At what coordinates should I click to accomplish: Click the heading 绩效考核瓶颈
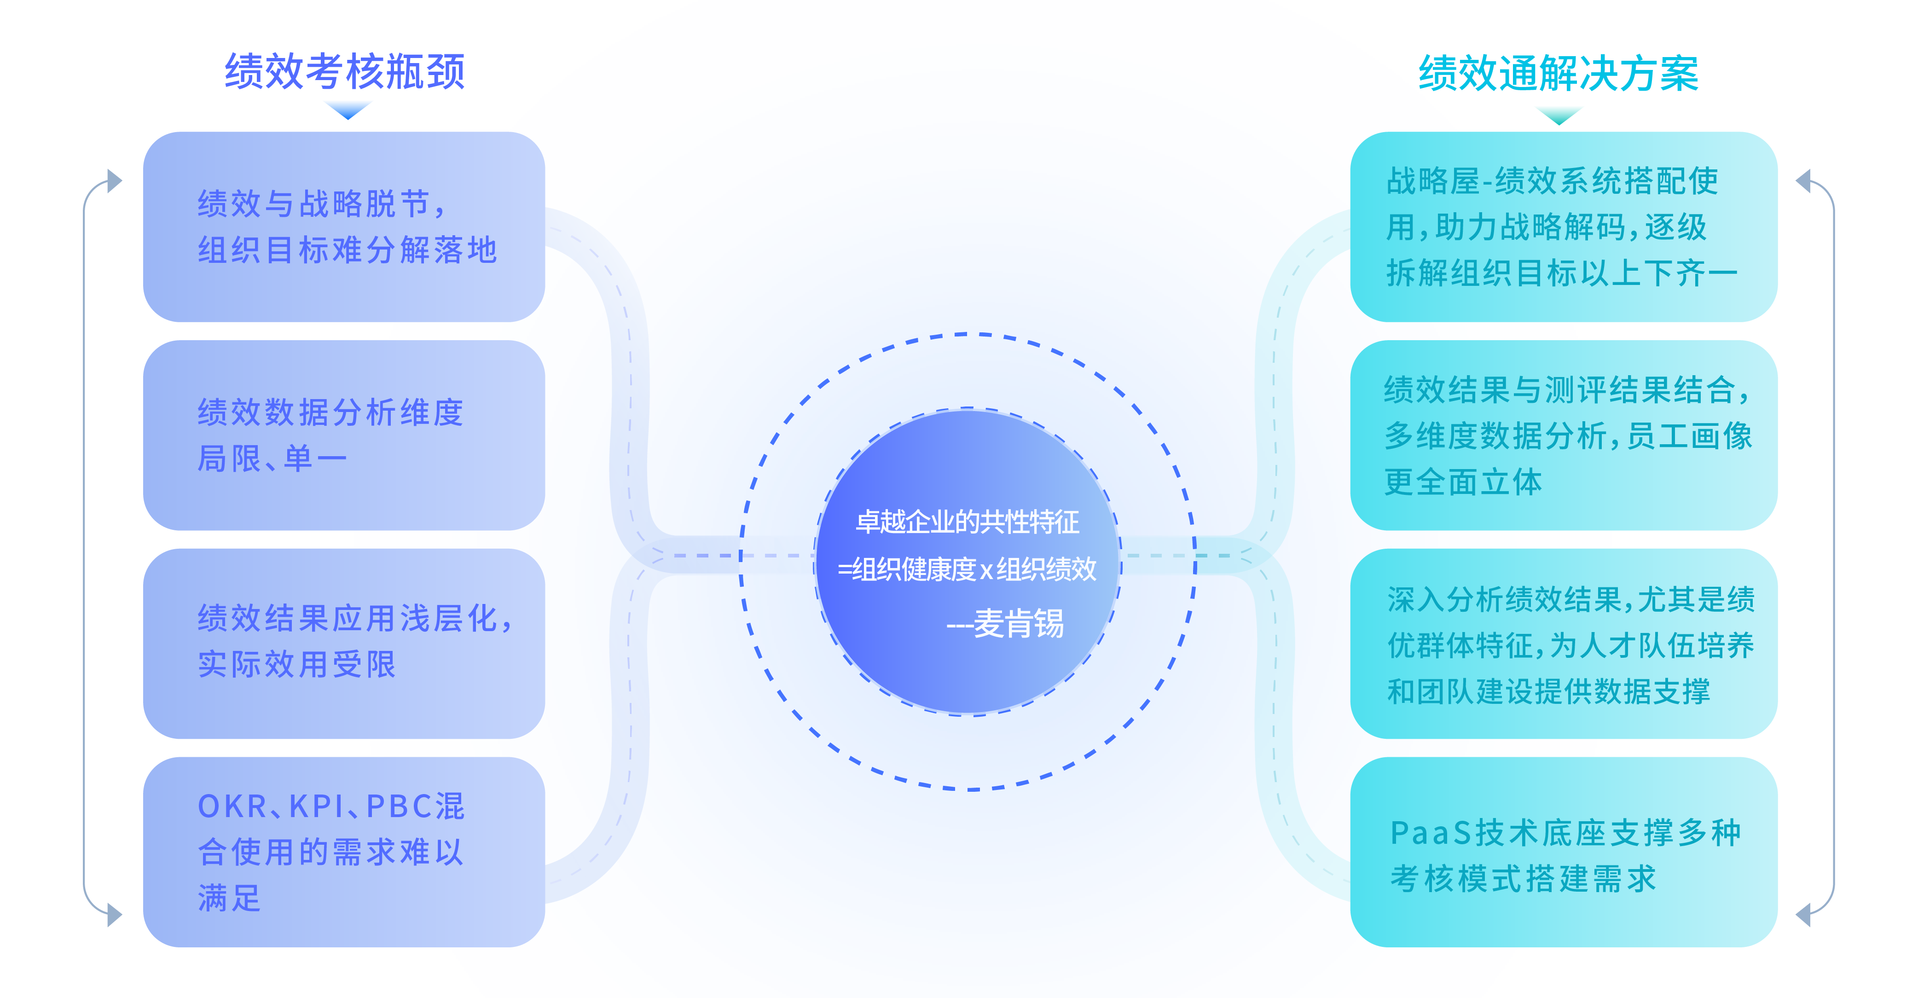click(x=345, y=71)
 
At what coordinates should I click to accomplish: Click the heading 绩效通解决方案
click(x=1559, y=73)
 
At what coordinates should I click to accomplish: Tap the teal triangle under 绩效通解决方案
click(x=1559, y=115)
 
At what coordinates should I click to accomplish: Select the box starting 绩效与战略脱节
click(x=344, y=227)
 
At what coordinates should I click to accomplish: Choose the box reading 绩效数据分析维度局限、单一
click(x=344, y=435)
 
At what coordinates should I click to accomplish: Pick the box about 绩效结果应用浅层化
click(x=344, y=644)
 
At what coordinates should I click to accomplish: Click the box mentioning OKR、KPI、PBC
click(x=344, y=852)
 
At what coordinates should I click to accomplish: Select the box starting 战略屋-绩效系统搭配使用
click(x=1564, y=227)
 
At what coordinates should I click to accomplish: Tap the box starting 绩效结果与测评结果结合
click(x=1564, y=435)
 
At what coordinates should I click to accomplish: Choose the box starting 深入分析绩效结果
click(x=1564, y=644)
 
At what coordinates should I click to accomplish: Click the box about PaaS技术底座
click(x=1564, y=852)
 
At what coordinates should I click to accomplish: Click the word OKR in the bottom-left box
click(x=232, y=807)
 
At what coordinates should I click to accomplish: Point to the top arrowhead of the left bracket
click(x=114, y=180)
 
